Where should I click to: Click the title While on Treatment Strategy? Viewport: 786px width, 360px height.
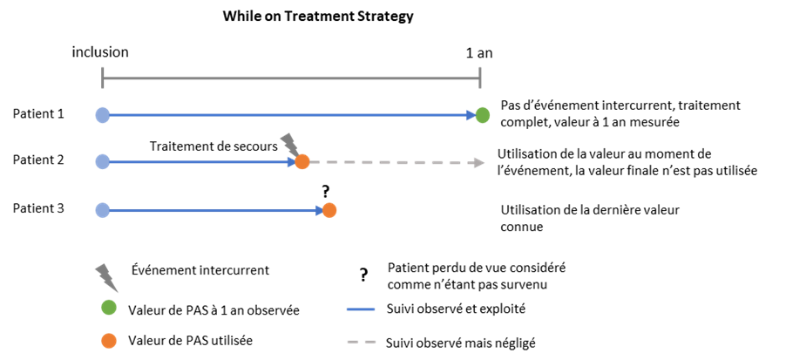point(318,16)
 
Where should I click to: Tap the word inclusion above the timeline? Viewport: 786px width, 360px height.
point(100,51)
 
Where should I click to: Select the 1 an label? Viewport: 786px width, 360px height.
point(478,52)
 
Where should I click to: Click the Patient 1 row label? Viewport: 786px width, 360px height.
point(38,114)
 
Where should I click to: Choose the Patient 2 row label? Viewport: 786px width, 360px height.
point(38,160)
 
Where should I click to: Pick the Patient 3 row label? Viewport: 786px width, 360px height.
point(38,208)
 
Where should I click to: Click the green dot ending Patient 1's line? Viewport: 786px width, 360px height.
point(482,116)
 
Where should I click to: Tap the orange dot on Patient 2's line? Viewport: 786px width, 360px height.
point(302,162)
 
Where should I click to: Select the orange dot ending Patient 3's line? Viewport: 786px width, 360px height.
point(329,211)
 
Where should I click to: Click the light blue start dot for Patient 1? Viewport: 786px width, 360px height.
point(102,115)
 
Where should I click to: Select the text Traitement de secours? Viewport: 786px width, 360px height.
point(213,146)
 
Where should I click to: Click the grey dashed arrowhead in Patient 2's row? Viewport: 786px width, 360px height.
point(479,162)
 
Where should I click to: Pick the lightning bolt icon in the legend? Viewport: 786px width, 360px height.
point(107,276)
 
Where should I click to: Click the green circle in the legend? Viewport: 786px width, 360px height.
point(108,309)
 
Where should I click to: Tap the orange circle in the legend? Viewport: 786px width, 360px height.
point(108,341)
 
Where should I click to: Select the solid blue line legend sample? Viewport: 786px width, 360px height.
point(361,309)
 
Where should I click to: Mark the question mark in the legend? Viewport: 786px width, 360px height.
point(363,275)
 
